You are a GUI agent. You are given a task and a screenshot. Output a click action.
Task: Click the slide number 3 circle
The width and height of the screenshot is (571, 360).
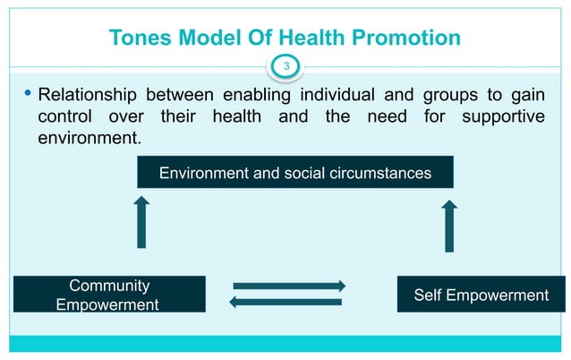click(x=286, y=65)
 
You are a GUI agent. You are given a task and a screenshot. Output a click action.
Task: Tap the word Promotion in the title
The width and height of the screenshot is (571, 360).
click(x=411, y=38)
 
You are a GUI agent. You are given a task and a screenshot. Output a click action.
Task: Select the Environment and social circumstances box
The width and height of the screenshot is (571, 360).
click(x=295, y=172)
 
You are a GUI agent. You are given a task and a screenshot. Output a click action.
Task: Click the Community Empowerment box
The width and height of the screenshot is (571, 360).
click(x=107, y=295)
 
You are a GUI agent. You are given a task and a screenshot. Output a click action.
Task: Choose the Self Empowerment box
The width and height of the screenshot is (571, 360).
click(x=481, y=295)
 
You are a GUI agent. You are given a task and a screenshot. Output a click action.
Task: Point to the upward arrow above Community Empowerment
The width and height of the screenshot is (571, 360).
click(x=141, y=223)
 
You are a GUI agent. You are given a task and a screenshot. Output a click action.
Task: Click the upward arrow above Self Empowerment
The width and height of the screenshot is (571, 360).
click(x=449, y=225)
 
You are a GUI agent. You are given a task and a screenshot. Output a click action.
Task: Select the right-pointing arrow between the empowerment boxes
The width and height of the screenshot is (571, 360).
click(x=288, y=286)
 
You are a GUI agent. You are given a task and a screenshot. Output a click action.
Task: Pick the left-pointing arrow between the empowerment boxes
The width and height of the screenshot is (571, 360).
click(x=286, y=302)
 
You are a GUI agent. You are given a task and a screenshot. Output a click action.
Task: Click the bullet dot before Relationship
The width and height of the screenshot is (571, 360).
click(x=29, y=93)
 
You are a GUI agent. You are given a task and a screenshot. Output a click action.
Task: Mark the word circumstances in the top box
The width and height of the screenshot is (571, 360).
click(x=379, y=172)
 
